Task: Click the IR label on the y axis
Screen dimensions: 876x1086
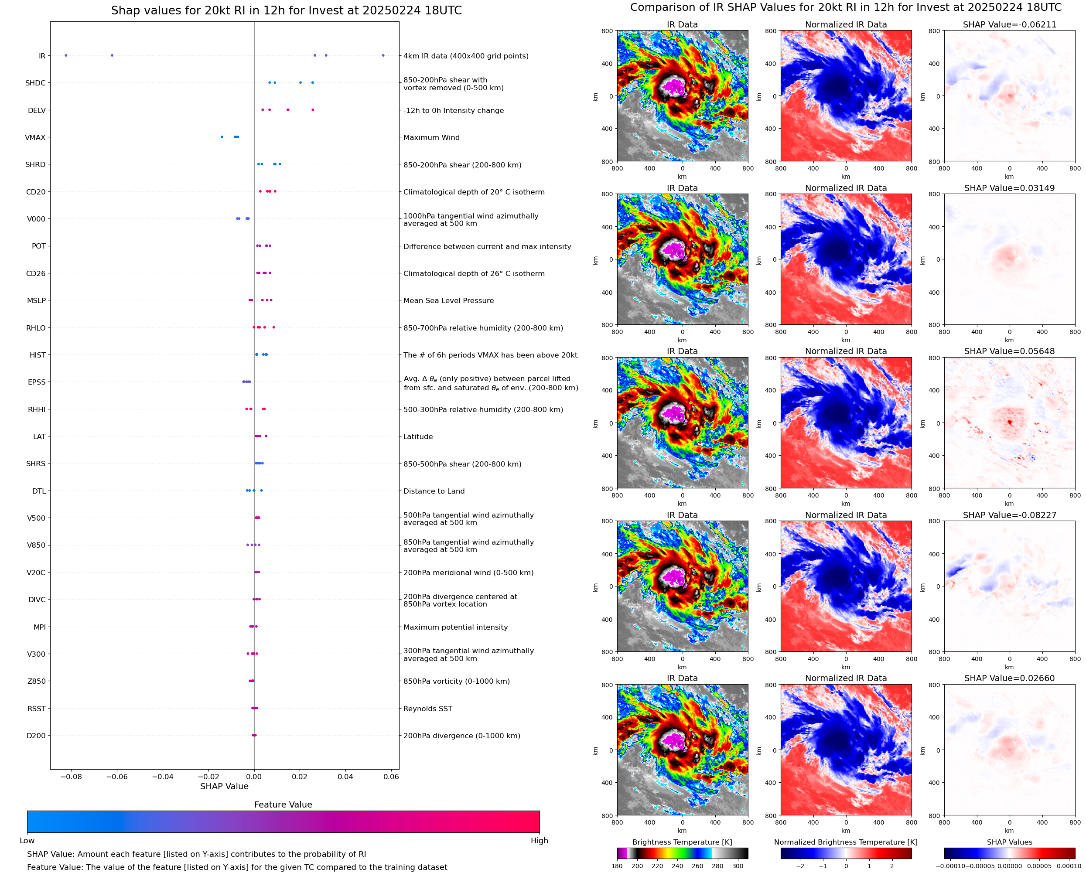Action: (42, 56)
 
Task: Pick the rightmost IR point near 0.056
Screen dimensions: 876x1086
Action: (383, 55)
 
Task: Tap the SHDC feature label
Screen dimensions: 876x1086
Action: (35, 83)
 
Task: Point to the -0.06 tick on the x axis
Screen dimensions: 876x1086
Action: (116, 777)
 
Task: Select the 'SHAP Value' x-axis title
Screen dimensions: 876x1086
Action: (224, 786)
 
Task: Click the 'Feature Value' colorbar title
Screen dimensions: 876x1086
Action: (283, 804)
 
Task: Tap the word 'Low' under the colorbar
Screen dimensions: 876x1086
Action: (27, 841)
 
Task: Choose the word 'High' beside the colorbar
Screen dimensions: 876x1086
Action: (539, 841)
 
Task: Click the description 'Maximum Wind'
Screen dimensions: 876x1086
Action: (431, 138)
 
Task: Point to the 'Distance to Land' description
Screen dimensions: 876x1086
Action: (434, 491)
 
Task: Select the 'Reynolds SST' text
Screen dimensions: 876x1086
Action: (428, 709)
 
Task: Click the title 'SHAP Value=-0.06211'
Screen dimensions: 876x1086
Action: (1009, 25)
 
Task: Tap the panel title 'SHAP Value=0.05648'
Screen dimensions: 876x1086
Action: (1009, 351)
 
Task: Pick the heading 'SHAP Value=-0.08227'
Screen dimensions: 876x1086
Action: (1009, 515)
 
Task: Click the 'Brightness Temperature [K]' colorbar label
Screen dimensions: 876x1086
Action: (682, 842)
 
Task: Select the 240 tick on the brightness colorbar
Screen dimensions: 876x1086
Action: (677, 866)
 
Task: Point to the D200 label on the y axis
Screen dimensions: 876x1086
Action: (36, 736)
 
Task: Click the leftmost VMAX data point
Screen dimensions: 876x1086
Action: (222, 137)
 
